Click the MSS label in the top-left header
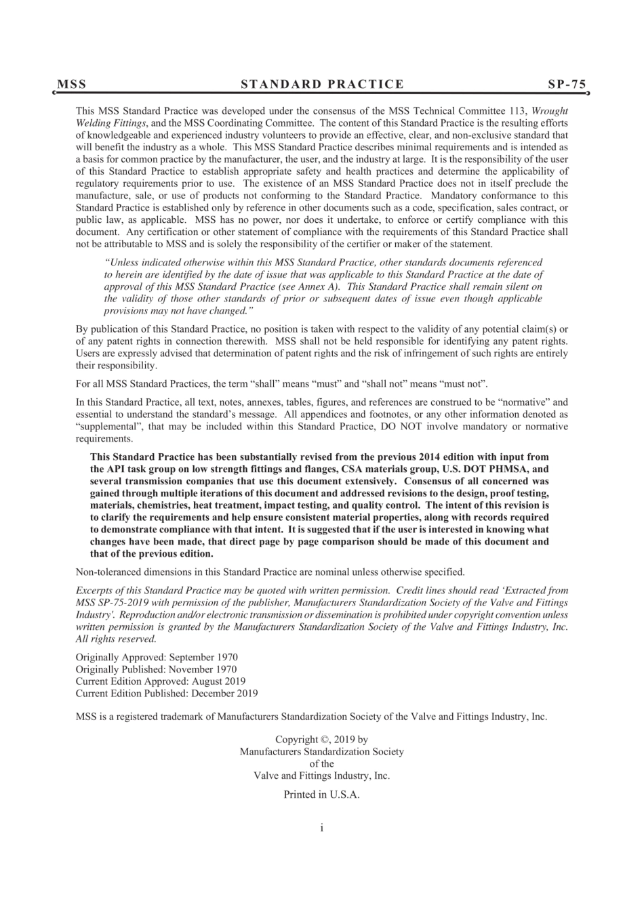(x=72, y=84)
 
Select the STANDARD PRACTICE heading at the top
(x=322, y=84)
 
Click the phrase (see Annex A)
(x=314, y=287)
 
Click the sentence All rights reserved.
(x=116, y=639)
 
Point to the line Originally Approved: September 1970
(x=157, y=657)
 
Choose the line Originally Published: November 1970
(x=156, y=669)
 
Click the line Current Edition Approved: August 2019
(x=161, y=681)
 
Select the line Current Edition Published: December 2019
(x=167, y=694)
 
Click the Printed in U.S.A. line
(x=321, y=795)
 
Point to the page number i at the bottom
(x=322, y=828)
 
